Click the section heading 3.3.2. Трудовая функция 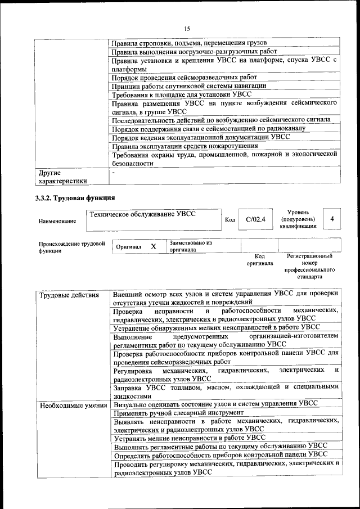75,197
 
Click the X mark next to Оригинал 153,246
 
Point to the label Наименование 57,221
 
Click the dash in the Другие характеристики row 114,173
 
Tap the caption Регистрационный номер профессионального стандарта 309,266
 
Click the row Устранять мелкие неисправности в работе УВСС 190,437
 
